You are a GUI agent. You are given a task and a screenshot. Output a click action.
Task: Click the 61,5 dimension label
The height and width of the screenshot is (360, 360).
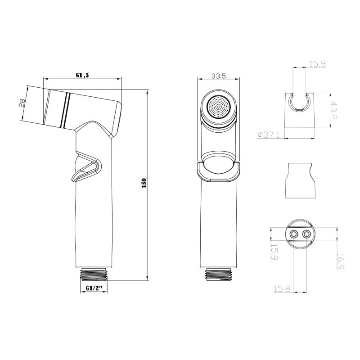[82, 75]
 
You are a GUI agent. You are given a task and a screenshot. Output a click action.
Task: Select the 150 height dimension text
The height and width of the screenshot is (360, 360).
[144, 184]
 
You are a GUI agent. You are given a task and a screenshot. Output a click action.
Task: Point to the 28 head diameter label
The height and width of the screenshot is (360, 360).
[21, 103]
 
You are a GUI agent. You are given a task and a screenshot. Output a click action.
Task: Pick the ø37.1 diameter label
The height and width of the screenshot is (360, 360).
[269, 135]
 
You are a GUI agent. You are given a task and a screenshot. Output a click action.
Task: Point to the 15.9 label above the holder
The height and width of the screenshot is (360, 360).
[317, 64]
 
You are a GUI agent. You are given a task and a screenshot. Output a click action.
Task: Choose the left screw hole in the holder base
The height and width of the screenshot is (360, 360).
[294, 234]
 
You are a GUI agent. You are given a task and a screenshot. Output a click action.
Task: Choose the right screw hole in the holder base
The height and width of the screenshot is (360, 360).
[307, 234]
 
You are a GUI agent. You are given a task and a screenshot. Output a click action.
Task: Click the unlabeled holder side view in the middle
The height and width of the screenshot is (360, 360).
[301, 180]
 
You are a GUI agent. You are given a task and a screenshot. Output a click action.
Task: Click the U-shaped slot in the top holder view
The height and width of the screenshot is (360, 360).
[300, 103]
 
